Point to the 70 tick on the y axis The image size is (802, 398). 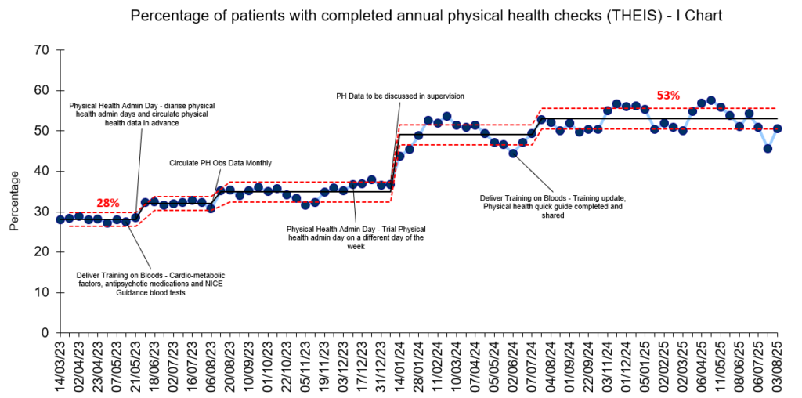click(40, 50)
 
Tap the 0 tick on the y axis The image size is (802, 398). click(45, 333)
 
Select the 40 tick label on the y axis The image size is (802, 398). click(40, 172)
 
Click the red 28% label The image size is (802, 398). click(107, 203)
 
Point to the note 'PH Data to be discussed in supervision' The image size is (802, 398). click(399, 96)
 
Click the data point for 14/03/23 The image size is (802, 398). click(60, 219)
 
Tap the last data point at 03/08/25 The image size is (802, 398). click(778, 128)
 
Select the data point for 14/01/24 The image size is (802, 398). click(400, 156)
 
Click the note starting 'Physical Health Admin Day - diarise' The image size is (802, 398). click(141, 114)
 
